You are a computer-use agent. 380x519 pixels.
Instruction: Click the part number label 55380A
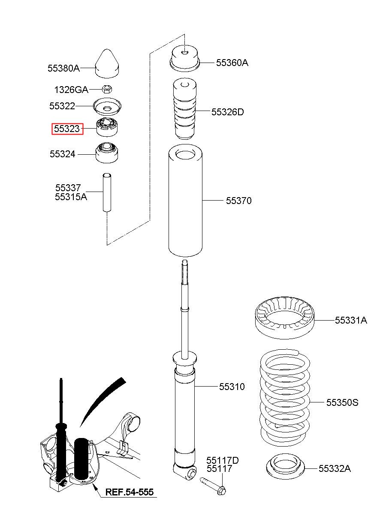[63, 68]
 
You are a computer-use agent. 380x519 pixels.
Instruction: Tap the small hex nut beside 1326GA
[107, 89]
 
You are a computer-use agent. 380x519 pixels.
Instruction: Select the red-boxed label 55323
[67, 129]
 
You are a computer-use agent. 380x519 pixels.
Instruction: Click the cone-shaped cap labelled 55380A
[108, 63]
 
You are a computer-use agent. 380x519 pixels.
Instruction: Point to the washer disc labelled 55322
[107, 107]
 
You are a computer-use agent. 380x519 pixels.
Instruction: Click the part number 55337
[68, 187]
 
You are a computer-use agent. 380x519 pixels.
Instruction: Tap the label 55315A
[71, 197]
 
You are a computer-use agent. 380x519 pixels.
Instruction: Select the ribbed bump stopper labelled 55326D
[184, 109]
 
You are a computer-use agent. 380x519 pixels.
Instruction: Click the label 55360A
[232, 63]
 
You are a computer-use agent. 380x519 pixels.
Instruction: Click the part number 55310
[232, 387]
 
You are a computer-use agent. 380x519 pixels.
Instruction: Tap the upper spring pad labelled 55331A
[284, 318]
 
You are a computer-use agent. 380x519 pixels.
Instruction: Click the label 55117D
[223, 460]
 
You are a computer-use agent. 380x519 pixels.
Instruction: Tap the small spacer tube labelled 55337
[107, 192]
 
